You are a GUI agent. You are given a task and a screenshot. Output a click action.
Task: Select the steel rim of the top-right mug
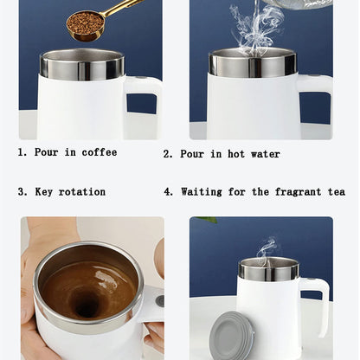point(251,63)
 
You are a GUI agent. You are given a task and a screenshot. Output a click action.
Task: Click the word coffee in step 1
point(100,152)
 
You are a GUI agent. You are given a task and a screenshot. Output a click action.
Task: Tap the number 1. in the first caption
point(22,152)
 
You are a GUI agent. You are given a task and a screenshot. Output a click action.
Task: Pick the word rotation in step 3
point(83,191)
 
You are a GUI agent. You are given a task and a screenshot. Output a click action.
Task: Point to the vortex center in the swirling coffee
point(86,302)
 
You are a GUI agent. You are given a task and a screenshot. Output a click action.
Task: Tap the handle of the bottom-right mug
point(321,303)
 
